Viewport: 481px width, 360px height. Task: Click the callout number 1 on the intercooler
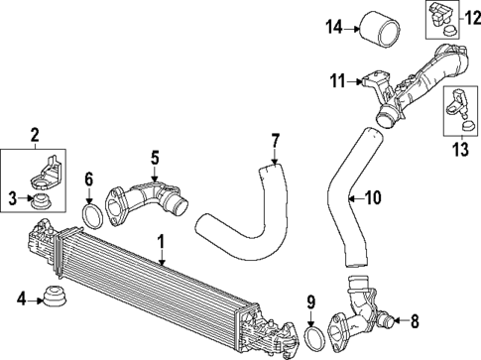click(x=160, y=241)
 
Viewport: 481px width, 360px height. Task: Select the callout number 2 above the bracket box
click(x=34, y=134)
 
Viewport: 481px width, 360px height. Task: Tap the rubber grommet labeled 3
click(x=43, y=202)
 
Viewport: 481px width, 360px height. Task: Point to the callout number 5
click(x=155, y=157)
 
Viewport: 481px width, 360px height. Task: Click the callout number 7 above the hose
click(x=275, y=139)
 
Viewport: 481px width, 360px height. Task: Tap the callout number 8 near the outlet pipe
click(x=414, y=320)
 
